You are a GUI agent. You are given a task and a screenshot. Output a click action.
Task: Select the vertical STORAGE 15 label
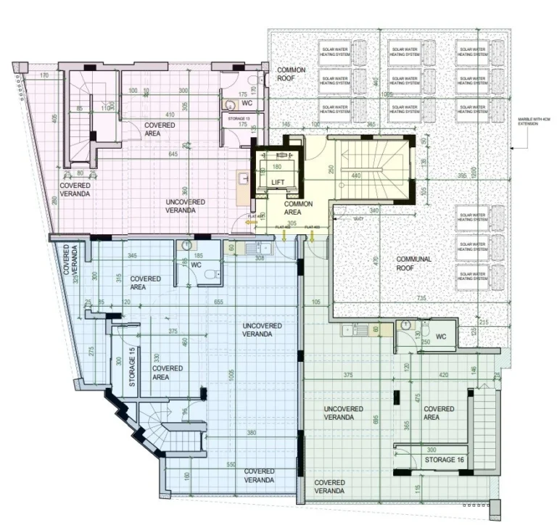[x=132, y=371]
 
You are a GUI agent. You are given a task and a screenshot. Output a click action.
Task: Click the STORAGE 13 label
[x=239, y=117]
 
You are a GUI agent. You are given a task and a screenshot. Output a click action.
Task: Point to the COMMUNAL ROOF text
[x=413, y=263]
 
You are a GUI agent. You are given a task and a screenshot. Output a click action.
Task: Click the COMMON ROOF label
[x=292, y=74]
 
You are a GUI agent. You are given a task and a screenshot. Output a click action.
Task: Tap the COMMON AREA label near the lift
[x=298, y=209]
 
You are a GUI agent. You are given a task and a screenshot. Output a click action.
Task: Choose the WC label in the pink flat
[x=246, y=103]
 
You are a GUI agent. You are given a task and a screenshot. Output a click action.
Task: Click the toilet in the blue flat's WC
[x=210, y=274]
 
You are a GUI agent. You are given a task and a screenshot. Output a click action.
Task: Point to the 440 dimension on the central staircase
[x=356, y=175]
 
